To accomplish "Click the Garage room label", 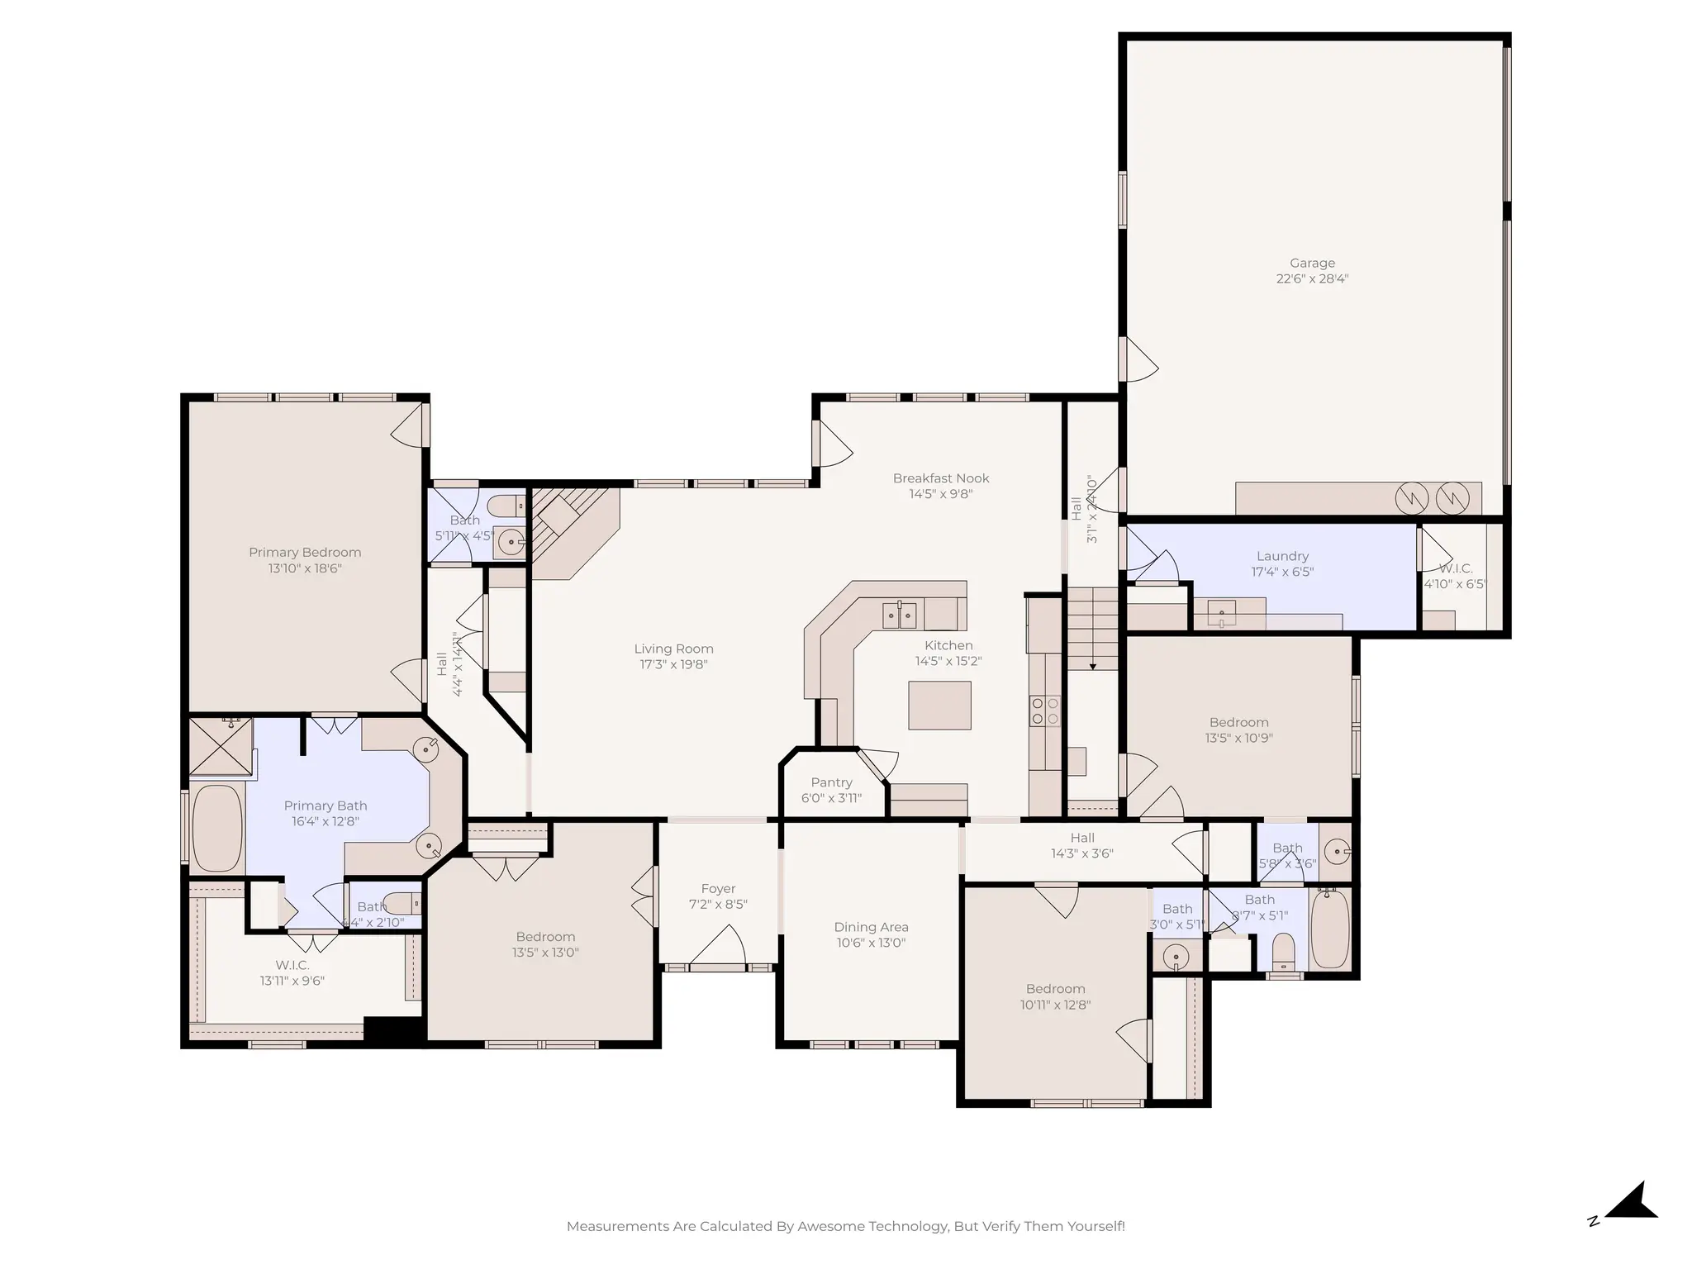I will pyautogui.click(x=1312, y=264).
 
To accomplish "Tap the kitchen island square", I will pyautogui.click(x=939, y=705).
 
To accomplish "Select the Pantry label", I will pyautogui.click(x=831, y=782).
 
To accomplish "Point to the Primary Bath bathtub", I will pyautogui.click(x=217, y=827).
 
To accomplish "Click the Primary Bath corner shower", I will pyautogui.click(x=221, y=747).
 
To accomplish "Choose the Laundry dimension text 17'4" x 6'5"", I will pyautogui.click(x=1282, y=572).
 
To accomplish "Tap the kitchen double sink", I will pyautogui.click(x=900, y=615).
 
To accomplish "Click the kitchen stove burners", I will pyautogui.click(x=1044, y=711).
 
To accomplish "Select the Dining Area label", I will pyautogui.click(x=871, y=927).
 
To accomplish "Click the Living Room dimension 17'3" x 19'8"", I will pyautogui.click(x=673, y=664).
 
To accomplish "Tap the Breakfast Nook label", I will pyautogui.click(x=940, y=478).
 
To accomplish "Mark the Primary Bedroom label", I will pyautogui.click(x=305, y=553).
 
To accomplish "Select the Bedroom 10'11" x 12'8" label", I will pyautogui.click(x=1055, y=989).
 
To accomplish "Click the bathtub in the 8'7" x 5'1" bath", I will pyautogui.click(x=1329, y=929).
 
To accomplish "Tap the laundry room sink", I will pyautogui.click(x=1222, y=614).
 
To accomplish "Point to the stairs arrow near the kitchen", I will pyautogui.click(x=1092, y=664).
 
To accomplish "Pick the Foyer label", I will pyautogui.click(x=718, y=889).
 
